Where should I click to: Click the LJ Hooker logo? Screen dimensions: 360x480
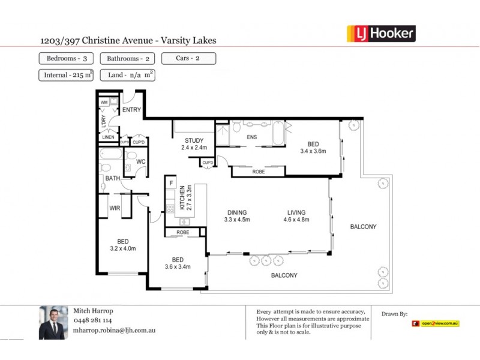click(x=381, y=33)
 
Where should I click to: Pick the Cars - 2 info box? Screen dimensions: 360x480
click(x=188, y=59)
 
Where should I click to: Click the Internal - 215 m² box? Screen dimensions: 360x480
click(x=66, y=75)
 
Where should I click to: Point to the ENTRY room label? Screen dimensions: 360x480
click(x=131, y=110)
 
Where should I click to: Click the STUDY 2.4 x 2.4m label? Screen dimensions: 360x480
click(x=194, y=144)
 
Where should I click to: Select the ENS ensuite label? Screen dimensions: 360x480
click(x=252, y=137)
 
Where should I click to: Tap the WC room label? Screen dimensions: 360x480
click(x=141, y=161)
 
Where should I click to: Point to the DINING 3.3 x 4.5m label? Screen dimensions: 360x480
click(x=237, y=216)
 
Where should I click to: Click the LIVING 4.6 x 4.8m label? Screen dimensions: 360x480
click(x=296, y=216)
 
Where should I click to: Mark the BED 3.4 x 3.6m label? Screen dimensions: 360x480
click(x=313, y=148)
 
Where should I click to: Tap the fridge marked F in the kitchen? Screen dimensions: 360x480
click(x=171, y=182)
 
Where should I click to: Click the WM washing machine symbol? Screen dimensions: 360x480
click(x=104, y=102)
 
